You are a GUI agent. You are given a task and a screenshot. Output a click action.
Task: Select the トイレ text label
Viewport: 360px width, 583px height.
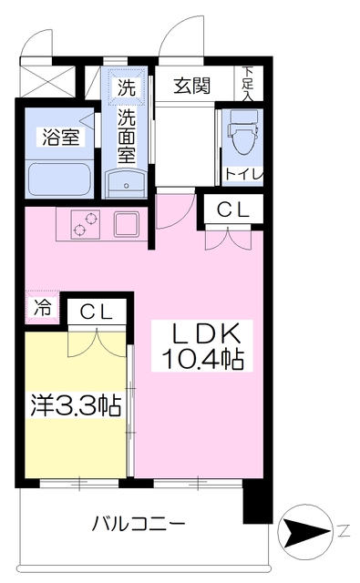click(242, 173)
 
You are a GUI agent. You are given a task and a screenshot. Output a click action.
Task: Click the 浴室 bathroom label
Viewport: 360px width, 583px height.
click(57, 137)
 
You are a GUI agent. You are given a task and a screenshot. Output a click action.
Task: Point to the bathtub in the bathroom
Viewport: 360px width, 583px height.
click(58, 177)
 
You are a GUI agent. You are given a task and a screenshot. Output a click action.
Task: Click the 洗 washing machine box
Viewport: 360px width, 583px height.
click(125, 88)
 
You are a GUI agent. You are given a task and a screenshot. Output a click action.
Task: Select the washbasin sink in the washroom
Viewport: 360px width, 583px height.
click(125, 185)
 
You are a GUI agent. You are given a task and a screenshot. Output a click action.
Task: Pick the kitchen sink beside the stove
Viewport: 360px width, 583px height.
click(125, 224)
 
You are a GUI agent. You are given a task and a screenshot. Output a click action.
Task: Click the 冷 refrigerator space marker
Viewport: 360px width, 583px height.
click(41, 307)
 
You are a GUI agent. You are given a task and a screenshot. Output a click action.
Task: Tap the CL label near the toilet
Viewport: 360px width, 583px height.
click(232, 210)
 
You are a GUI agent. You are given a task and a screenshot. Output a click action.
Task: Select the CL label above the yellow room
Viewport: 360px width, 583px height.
click(96, 312)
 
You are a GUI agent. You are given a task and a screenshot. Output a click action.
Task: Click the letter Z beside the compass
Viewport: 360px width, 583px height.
click(344, 529)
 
